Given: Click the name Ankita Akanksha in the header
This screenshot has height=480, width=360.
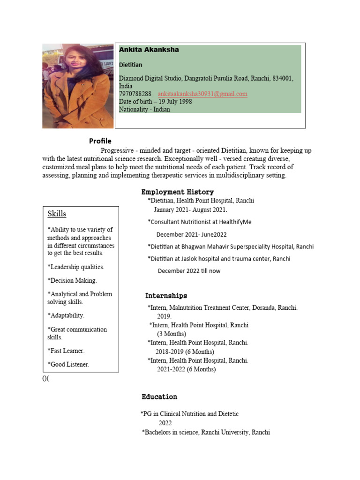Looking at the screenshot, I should [x=149, y=50].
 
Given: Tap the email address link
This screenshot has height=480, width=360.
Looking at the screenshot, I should [x=202, y=94].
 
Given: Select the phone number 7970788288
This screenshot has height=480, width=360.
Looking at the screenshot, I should [x=135, y=94].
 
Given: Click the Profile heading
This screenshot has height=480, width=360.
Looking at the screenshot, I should [x=100, y=141].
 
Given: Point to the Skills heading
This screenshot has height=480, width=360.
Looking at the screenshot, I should [x=57, y=214].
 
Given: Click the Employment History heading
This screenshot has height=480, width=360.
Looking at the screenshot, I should [x=178, y=192].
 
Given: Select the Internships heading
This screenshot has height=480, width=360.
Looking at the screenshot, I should [x=166, y=296].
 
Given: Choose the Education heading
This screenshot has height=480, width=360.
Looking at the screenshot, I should [x=159, y=397].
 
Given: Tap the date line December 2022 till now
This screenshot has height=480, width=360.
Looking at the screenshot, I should [x=189, y=271].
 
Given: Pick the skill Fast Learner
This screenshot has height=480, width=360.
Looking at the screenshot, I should [x=66, y=351].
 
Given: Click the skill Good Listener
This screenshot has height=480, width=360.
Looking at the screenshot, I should [x=68, y=364].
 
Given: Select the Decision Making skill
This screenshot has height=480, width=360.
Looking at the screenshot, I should [x=72, y=280].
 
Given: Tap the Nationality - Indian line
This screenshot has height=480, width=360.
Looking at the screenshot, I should [x=144, y=109].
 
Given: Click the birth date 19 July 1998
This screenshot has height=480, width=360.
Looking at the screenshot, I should [x=175, y=102].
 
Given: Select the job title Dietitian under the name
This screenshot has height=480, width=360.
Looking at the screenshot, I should [x=131, y=65].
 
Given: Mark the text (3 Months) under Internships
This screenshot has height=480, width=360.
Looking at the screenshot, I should [x=172, y=334].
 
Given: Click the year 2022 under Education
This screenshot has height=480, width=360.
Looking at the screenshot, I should [x=165, y=423].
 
